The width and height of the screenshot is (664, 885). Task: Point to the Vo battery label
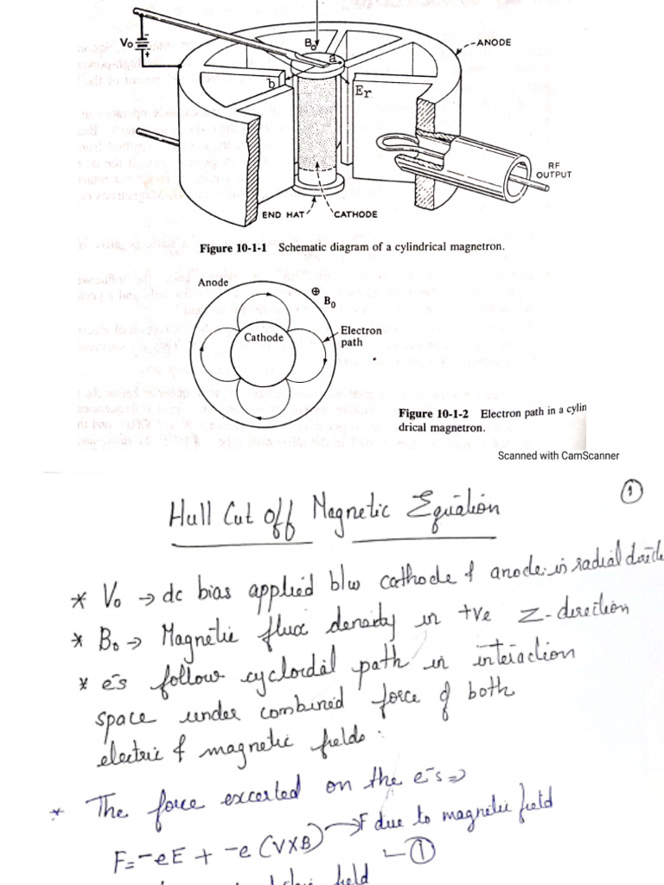(x=128, y=41)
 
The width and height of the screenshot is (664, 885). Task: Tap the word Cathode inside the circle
(x=264, y=338)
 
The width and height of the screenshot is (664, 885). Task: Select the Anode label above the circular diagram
(x=213, y=283)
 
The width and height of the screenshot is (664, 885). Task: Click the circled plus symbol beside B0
(x=316, y=293)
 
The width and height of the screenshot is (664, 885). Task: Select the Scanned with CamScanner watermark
(x=558, y=455)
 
